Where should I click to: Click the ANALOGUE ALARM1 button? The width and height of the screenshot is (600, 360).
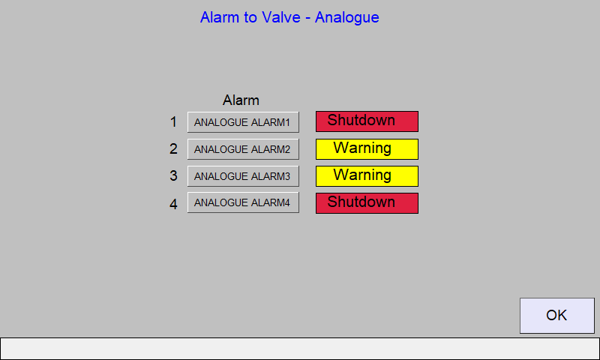[243, 122]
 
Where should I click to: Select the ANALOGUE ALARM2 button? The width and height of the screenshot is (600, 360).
[243, 149]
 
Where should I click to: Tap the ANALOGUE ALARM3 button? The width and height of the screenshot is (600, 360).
[243, 176]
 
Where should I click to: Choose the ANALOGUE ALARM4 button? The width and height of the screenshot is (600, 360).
[243, 202]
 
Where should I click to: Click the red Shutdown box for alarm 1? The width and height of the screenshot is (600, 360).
[367, 121]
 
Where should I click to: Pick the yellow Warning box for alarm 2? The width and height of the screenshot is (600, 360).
[367, 149]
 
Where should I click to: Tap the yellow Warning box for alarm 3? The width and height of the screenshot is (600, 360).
[367, 176]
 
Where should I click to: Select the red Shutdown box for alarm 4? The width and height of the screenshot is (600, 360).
[367, 203]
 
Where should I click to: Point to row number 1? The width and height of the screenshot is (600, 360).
[173, 122]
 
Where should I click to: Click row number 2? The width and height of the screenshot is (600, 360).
[173, 148]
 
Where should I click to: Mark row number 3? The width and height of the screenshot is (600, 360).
[173, 175]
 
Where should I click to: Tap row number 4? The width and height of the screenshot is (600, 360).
[173, 204]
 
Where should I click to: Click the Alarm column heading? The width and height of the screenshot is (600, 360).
[241, 100]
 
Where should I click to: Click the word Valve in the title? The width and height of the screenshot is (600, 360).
[280, 17]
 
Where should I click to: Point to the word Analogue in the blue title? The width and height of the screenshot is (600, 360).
[347, 18]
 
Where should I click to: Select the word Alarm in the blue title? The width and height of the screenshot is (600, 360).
[220, 17]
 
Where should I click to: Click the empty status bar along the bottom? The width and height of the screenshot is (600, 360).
[300, 349]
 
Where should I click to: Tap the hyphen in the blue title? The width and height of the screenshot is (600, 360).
[308, 19]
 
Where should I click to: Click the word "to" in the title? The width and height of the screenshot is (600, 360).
[250, 17]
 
